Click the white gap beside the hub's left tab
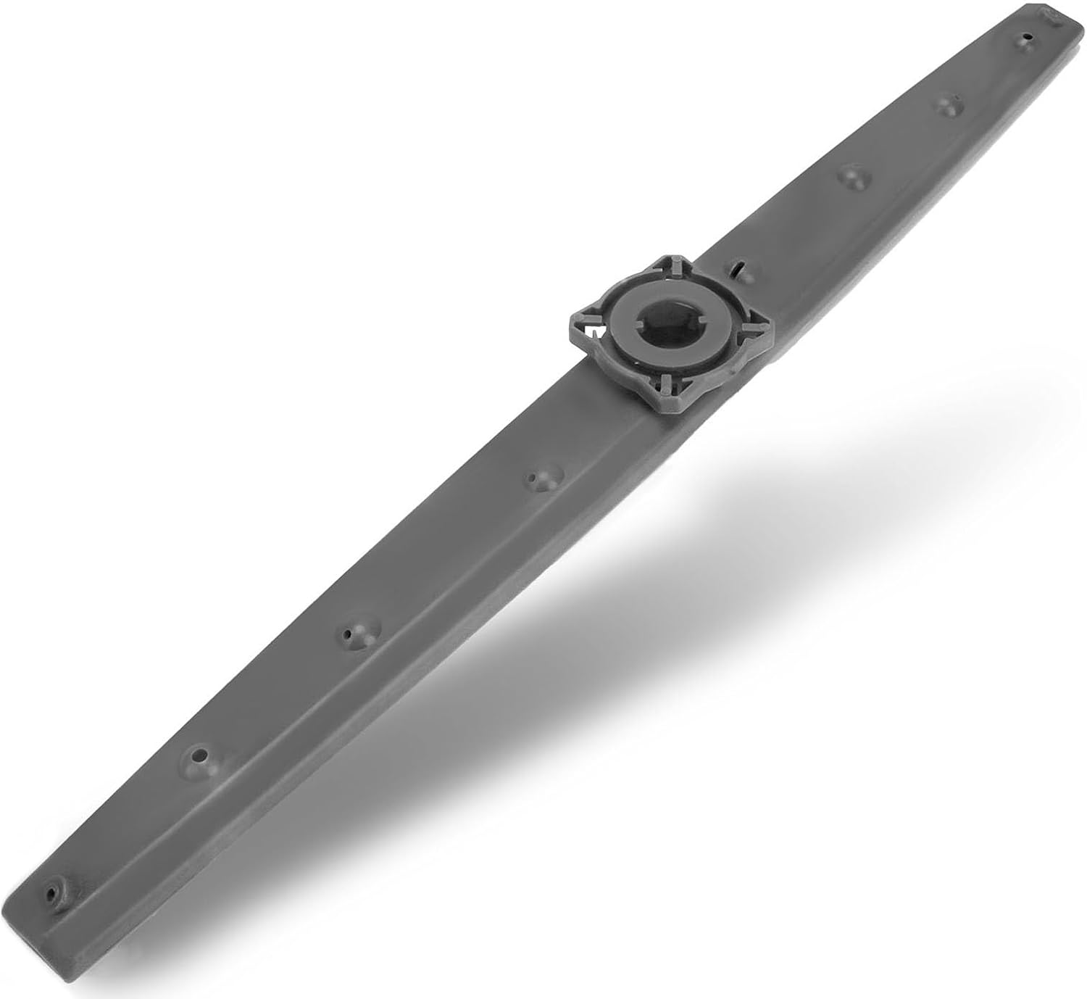click(593, 333)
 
